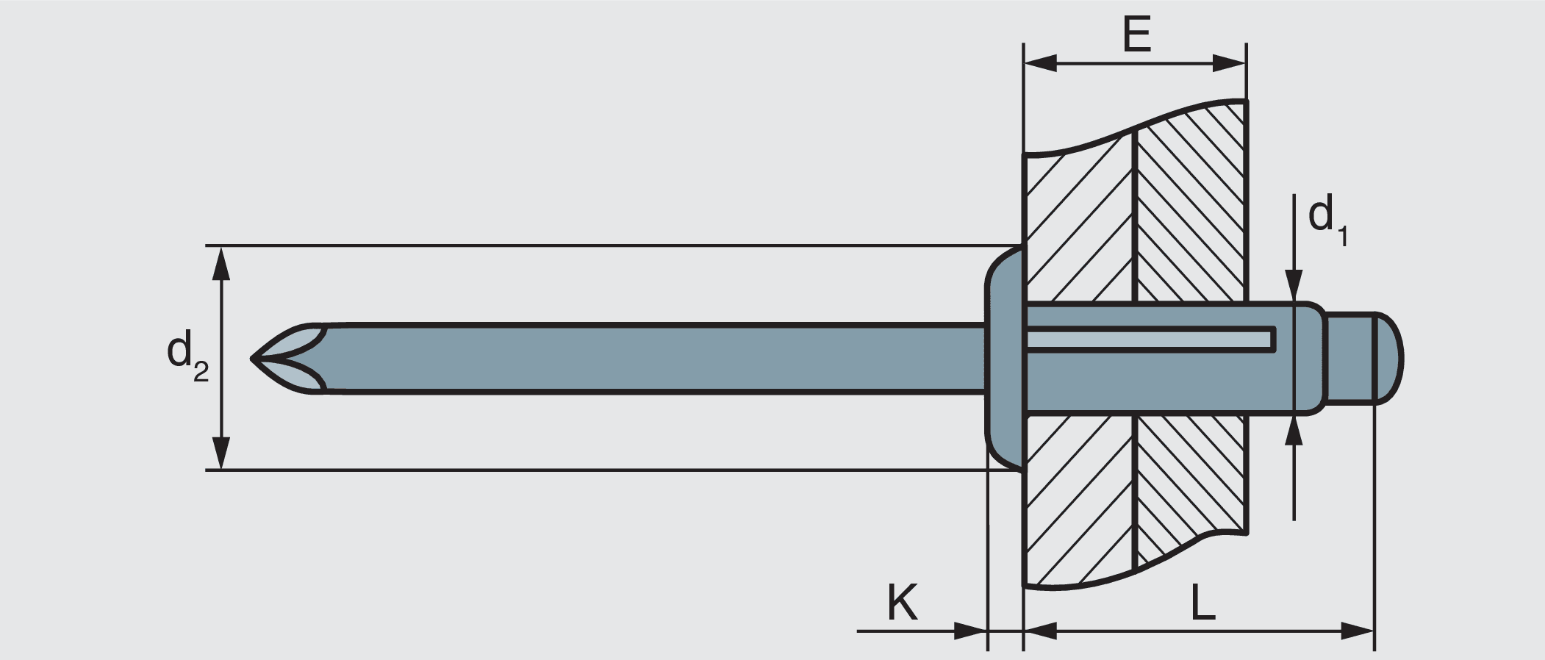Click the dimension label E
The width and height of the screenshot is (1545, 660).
(x=1136, y=35)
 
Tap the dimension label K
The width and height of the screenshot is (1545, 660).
(x=903, y=604)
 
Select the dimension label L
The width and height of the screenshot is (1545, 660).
(x=1202, y=604)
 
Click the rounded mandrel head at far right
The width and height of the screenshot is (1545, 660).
(x=1388, y=359)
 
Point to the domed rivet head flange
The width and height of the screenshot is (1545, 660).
(x=1004, y=358)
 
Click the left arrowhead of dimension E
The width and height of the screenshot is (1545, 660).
(x=1039, y=64)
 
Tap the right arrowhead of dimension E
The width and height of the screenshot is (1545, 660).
(x=1231, y=64)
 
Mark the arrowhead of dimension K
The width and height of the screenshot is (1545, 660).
(x=970, y=631)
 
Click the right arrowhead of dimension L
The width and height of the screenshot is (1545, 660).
(x=1358, y=631)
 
